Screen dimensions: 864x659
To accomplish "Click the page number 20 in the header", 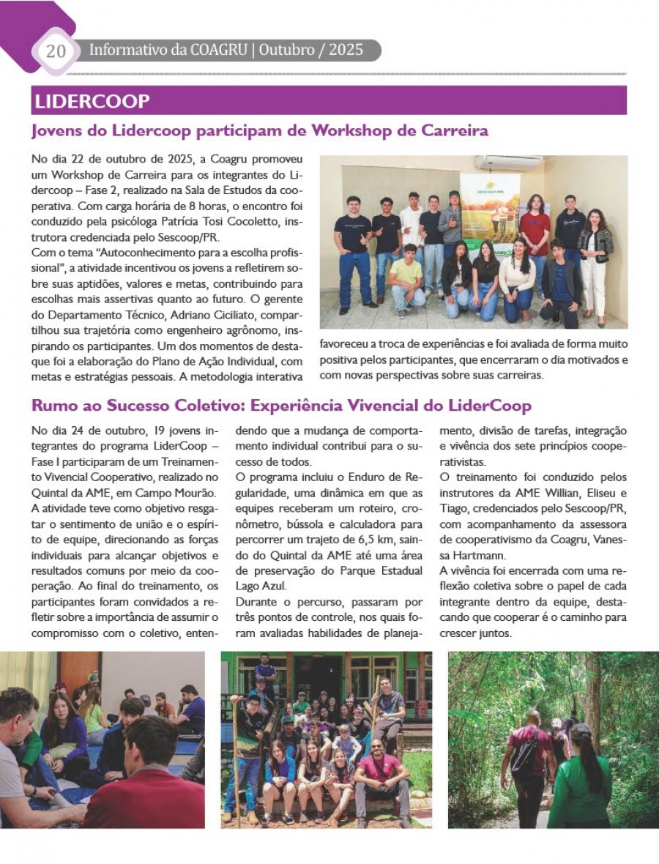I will click(56, 51).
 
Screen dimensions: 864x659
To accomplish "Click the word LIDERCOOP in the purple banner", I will click(92, 101).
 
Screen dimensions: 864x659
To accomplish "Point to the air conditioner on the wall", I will click(508, 163).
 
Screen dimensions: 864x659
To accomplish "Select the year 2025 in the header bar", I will click(346, 51).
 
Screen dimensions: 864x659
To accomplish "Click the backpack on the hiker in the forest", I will click(524, 753).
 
